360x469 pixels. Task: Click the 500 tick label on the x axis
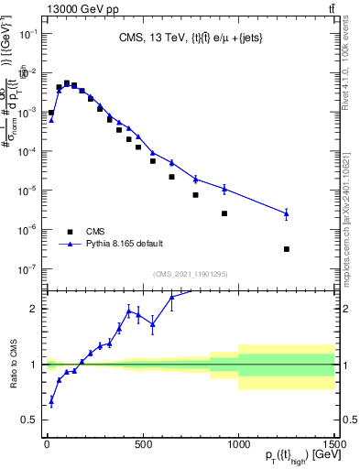tap(143, 444)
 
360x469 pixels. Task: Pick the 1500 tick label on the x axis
tap(333, 444)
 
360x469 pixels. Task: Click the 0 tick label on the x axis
tap(47, 444)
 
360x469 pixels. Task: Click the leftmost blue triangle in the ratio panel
tap(51, 401)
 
